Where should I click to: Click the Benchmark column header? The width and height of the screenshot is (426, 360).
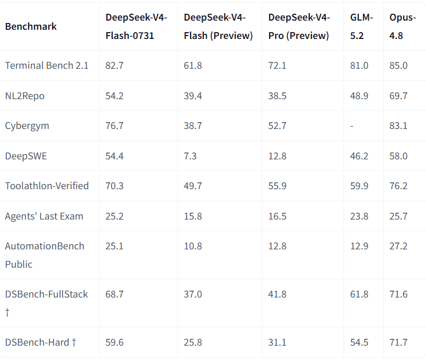tap(31, 26)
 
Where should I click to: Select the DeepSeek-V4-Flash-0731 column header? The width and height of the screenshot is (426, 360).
tap(136, 26)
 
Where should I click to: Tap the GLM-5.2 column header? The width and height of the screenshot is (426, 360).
tap(361, 26)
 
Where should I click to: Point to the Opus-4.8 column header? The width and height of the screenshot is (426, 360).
tap(403, 26)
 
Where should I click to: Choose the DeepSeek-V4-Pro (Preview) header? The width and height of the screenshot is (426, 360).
tap(299, 26)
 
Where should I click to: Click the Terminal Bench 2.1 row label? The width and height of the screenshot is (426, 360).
tap(47, 65)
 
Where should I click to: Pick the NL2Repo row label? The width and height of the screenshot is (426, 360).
tap(25, 96)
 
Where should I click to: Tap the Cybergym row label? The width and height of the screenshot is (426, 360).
tap(27, 126)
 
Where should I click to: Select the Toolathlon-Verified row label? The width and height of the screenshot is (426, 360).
tap(47, 186)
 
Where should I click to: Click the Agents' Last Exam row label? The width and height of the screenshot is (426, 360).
tap(44, 216)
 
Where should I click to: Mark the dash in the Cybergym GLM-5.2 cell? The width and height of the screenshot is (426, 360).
tap(352, 126)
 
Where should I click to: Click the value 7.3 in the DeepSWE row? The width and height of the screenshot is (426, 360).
tap(190, 156)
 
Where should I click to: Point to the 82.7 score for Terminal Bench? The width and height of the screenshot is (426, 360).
tap(115, 65)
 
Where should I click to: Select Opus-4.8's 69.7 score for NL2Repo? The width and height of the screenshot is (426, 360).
tap(399, 96)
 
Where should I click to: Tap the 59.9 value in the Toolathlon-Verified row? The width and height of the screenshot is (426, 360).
tap(359, 186)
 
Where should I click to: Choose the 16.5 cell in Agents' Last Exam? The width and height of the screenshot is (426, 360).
tap(277, 216)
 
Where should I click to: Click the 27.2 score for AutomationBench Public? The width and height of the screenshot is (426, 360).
tap(399, 246)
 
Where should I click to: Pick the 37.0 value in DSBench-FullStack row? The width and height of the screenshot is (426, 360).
tap(192, 294)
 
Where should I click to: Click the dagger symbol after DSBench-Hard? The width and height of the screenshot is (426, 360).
tap(74, 342)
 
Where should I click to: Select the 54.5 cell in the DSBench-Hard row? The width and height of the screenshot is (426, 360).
tap(359, 342)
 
